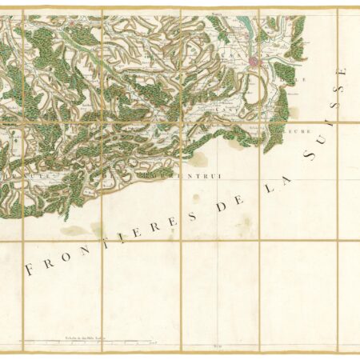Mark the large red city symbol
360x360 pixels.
point(254,62)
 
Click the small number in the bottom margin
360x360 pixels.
point(214,346)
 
